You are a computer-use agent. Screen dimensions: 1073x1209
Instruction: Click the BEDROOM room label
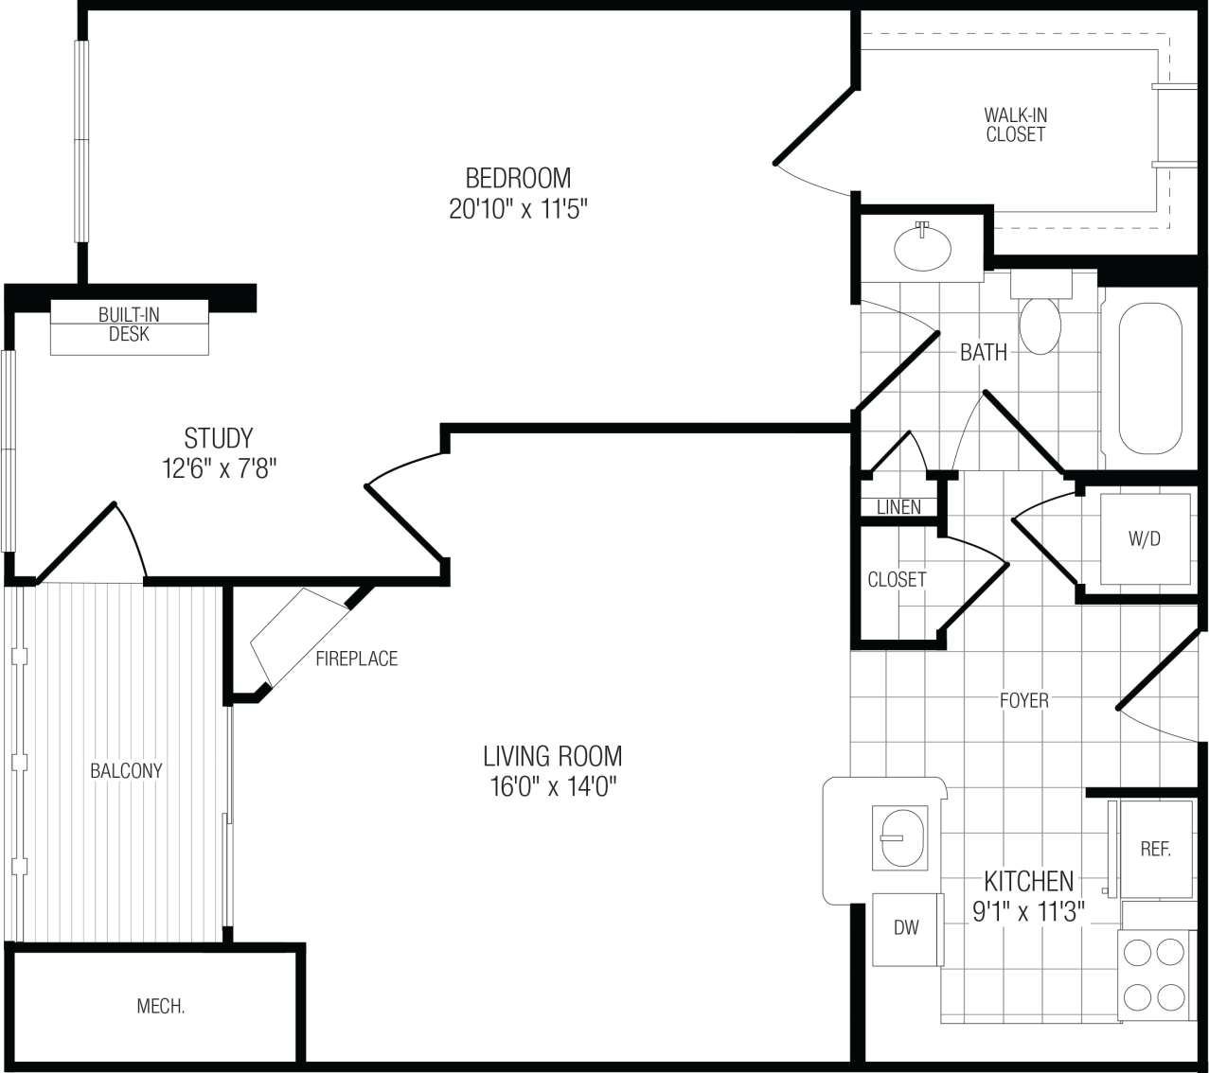pyautogui.click(x=518, y=178)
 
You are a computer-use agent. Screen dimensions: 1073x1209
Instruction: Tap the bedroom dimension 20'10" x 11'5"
pyautogui.click(x=518, y=209)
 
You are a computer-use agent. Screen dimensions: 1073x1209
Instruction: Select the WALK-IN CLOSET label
pyautogui.click(x=1015, y=125)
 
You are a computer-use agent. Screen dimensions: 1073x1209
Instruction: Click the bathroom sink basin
pyautogui.click(x=922, y=247)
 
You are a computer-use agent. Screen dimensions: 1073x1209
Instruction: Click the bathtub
pyautogui.click(x=1150, y=378)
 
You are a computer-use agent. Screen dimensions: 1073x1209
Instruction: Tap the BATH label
pyautogui.click(x=984, y=352)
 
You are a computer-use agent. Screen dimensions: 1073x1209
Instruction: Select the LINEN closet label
pyautogui.click(x=898, y=507)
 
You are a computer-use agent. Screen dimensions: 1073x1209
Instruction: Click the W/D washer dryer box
pyautogui.click(x=1145, y=539)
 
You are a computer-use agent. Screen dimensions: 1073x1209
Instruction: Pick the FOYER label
pyautogui.click(x=1023, y=700)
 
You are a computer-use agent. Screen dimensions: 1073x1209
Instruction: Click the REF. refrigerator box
pyautogui.click(x=1155, y=849)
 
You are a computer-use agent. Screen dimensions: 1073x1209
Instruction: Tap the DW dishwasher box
pyautogui.click(x=906, y=927)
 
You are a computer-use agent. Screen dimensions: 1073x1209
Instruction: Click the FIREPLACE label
pyautogui.click(x=356, y=659)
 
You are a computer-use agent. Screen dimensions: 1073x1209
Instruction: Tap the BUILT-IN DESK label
pyautogui.click(x=129, y=324)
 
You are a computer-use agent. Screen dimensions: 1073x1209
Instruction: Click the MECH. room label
pyautogui.click(x=161, y=1006)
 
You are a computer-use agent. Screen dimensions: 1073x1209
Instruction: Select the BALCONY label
pyautogui.click(x=126, y=770)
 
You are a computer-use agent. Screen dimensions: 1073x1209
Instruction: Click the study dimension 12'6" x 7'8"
pyautogui.click(x=219, y=468)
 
